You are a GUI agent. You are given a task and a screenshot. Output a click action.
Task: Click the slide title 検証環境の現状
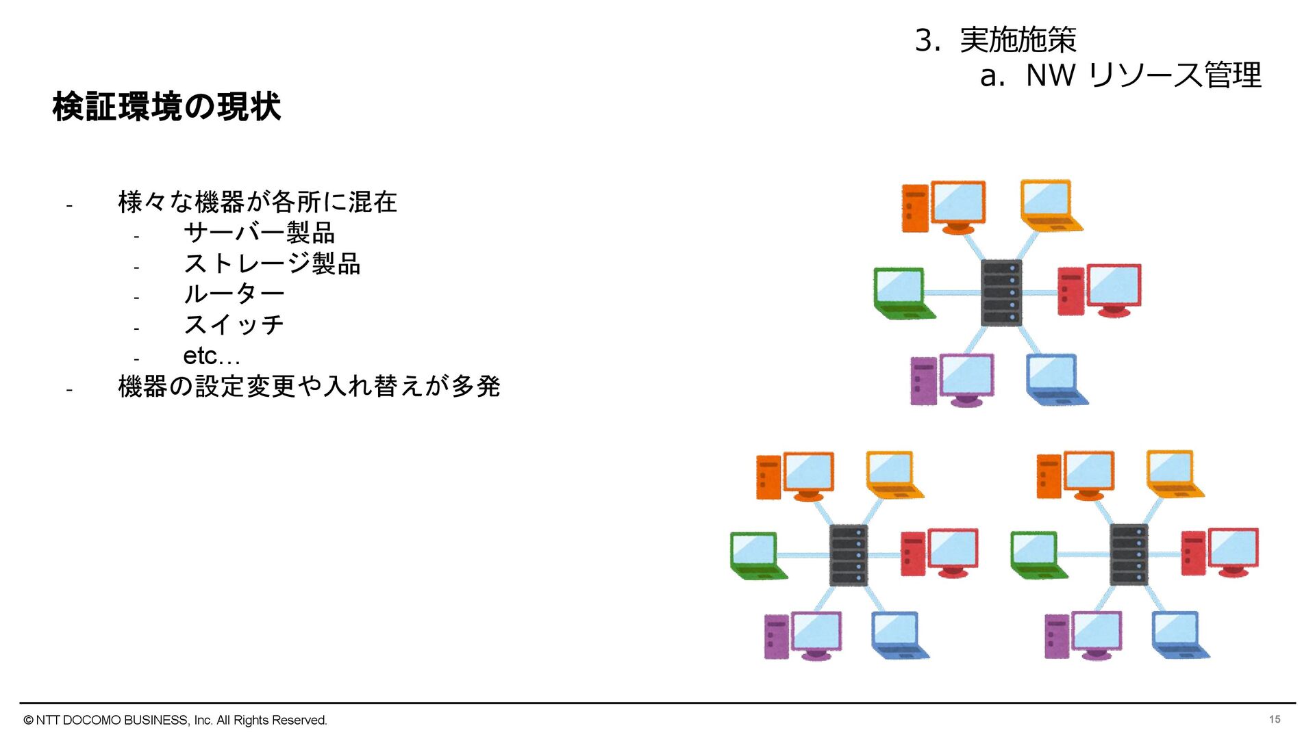pyautogui.click(x=166, y=107)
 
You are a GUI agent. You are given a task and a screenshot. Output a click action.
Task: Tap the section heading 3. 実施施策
pyautogui.click(x=995, y=40)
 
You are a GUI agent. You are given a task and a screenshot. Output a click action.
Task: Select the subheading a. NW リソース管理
pyautogui.click(x=1120, y=75)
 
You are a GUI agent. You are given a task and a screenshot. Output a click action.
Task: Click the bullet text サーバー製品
pyautogui.click(x=259, y=233)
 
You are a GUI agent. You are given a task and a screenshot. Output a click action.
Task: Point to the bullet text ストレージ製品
pyautogui.click(x=272, y=263)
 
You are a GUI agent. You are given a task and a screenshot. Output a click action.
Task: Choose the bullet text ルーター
pyautogui.click(x=234, y=294)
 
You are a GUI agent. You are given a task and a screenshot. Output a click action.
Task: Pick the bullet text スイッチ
pyautogui.click(x=234, y=324)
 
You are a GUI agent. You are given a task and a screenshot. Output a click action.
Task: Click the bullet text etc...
pyautogui.click(x=211, y=356)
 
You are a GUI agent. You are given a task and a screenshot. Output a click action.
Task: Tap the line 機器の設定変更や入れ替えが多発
pyautogui.click(x=309, y=387)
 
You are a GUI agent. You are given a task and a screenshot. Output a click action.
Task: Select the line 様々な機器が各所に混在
pyautogui.click(x=258, y=202)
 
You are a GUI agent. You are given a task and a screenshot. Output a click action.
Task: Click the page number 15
pyautogui.click(x=1274, y=719)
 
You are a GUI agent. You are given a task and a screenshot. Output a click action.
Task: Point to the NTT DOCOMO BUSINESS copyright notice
pyautogui.click(x=175, y=720)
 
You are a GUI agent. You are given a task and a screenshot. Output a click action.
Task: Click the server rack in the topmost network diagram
pyautogui.click(x=1001, y=293)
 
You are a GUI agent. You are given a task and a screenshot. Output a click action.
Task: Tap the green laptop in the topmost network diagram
pyautogui.click(x=903, y=294)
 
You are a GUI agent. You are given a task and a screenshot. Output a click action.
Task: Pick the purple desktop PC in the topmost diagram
pyautogui.click(x=952, y=380)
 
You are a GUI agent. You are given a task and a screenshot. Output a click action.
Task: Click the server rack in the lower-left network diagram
pyautogui.click(x=849, y=555)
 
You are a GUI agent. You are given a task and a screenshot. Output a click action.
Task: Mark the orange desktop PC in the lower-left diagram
pyautogui.click(x=794, y=476)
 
